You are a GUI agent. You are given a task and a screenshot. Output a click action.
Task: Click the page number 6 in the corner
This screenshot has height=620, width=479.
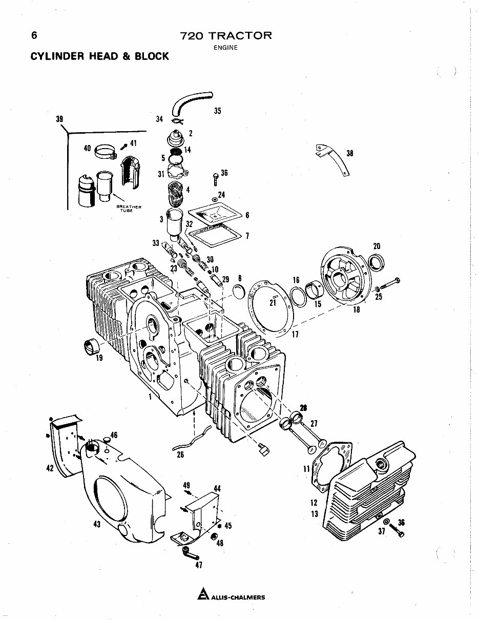[34, 35]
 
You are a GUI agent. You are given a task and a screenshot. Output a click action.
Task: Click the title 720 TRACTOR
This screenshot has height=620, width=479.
[225, 36]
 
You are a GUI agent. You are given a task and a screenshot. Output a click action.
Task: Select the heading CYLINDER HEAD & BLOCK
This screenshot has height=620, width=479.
[100, 56]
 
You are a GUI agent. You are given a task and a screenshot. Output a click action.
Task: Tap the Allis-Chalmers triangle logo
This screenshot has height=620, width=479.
[203, 596]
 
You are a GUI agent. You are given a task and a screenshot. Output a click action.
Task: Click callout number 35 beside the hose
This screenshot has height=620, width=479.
[217, 111]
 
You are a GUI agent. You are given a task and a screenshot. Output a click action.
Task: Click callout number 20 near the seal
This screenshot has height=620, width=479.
[377, 246]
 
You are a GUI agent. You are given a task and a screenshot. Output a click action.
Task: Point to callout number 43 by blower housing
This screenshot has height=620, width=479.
[97, 524]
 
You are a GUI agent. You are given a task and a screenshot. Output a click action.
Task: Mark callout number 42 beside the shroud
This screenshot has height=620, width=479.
[50, 467]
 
